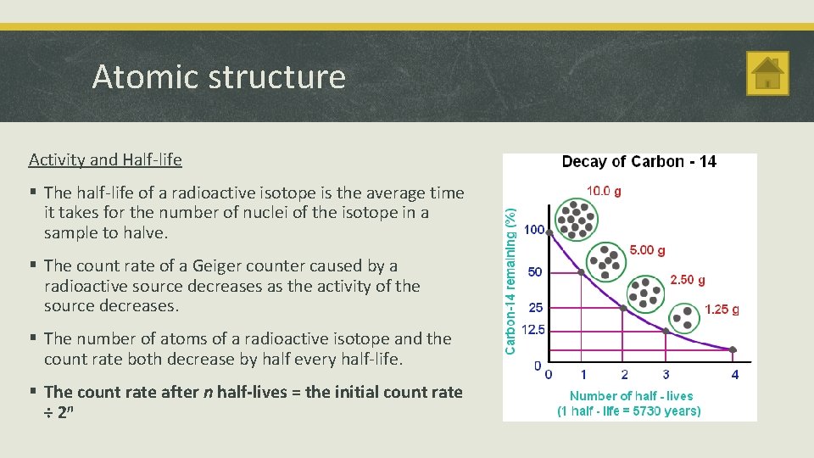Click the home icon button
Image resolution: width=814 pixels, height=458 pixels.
click(x=767, y=73)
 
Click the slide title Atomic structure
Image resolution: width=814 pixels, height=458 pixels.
click(x=219, y=77)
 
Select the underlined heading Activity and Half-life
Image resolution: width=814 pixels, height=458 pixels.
click(x=105, y=159)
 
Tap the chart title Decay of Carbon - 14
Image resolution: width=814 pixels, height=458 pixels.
click(x=638, y=162)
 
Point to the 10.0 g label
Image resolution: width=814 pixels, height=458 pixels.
click(x=603, y=191)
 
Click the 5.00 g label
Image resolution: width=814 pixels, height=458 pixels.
click(x=647, y=250)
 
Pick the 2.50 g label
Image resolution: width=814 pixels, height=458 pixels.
click(x=688, y=280)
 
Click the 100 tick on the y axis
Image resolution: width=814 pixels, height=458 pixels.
click(x=533, y=230)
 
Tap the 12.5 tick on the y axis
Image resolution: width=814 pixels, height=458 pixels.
click(x=533, y=330)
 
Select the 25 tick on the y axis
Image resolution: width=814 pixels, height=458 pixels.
click(x=536, y=307)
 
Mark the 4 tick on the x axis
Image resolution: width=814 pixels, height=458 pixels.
click(x=734, y=374)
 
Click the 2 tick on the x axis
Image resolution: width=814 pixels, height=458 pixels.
click(x=624, y=374)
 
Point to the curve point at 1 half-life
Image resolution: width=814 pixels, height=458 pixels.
click(x=582, y=272)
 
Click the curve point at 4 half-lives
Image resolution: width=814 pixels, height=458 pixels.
click(x=733, y=349)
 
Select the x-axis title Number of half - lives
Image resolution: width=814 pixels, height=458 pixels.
click(x=631, y=396)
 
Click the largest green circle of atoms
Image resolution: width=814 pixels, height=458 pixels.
click(x=576, y=218)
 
